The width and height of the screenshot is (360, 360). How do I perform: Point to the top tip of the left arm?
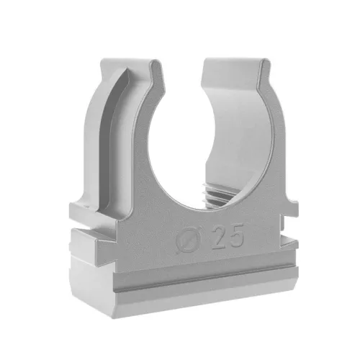[x=156, y=62]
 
